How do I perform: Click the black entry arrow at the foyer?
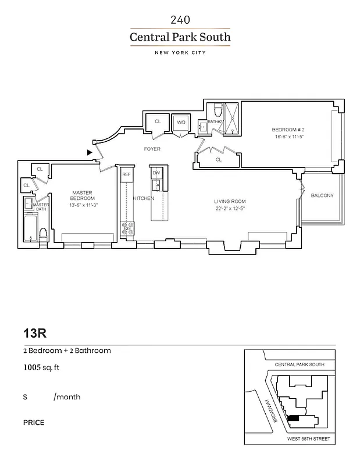[x=89, y=152]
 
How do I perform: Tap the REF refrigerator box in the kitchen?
[x=126, y=174]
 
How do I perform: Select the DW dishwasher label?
[x=156, y=173]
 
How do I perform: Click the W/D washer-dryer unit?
[x=181, y=123]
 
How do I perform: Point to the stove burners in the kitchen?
[x=127, y=228]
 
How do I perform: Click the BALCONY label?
[x=322, y=196]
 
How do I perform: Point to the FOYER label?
[x=152, y=149]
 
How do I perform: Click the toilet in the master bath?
[x=42, y=235]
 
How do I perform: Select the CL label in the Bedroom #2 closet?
[x=219, y=159]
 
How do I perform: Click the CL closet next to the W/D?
[x=158, y=121]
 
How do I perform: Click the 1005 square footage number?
[x=31, y=367]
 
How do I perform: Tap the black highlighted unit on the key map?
[x=294, y=417]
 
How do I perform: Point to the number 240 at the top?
[x=180, y=20]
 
